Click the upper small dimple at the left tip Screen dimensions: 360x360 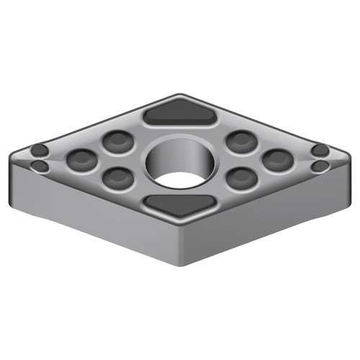coord(40,151)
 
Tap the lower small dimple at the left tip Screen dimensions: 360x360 coord(41,167)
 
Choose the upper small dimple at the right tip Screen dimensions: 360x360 coord(320,150)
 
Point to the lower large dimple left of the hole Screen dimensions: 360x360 coord(114,176)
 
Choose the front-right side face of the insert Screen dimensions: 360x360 coord(266,216)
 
